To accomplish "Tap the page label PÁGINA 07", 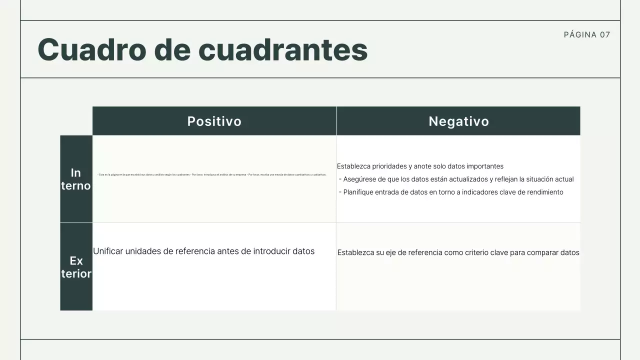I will (x=587, y=34).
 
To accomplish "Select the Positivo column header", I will (x=214, y=121).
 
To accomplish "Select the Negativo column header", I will (x=458, y=121).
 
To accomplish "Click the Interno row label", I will (x=76, y=179).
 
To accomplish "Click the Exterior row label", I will (x=76, y=267).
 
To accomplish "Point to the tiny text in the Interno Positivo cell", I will (x=212, y=175).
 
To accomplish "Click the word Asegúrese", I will (x=361, y=179).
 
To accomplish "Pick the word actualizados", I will (x=466, y=179).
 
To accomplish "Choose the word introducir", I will (x=271, y=251).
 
